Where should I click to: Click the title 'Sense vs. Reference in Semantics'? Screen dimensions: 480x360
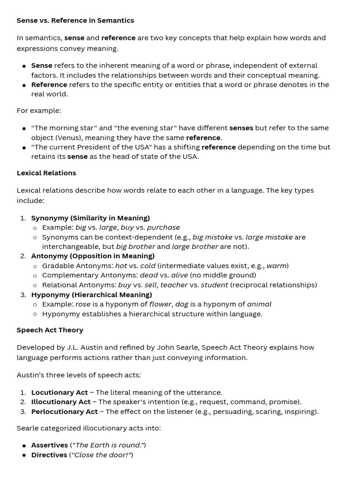pyautogui.click(x=75, y=21)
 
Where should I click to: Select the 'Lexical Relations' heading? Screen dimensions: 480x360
pyautogui.click(x=46, y=173)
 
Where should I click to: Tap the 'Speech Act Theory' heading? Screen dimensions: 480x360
pyautogui.click(x=50, y=330)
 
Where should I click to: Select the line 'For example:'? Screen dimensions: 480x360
pyautogui.click(x=39, y=111)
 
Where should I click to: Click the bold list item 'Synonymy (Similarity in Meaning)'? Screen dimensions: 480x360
pyautogui.click(x=90, y=218)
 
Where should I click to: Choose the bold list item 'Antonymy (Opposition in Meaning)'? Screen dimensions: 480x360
pyautogui.click(x=93, y=256)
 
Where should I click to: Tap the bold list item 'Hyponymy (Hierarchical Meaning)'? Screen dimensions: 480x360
pyautogui.click(x=91, y=295)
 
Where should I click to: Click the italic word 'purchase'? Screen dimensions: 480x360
pyautogui.click(x=164, y=227)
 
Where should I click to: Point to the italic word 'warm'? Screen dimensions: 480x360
pyautogui.click(x=276, y=266)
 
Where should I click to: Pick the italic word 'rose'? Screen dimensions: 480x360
pyautogui.click(x=83, y=304)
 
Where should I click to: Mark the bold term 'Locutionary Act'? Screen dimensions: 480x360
pyautogui.click(x=60, y=392)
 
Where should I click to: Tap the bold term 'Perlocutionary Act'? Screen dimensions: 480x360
pyautogui.click(x=65, y=412)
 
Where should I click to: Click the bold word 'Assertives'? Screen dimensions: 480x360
pyautogui.click(x=50, y=445)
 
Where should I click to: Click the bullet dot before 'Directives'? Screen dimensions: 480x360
pyautogui.click(x=24, y=455)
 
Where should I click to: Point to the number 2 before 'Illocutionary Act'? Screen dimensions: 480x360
pyautogui.click(x=23, y=402)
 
